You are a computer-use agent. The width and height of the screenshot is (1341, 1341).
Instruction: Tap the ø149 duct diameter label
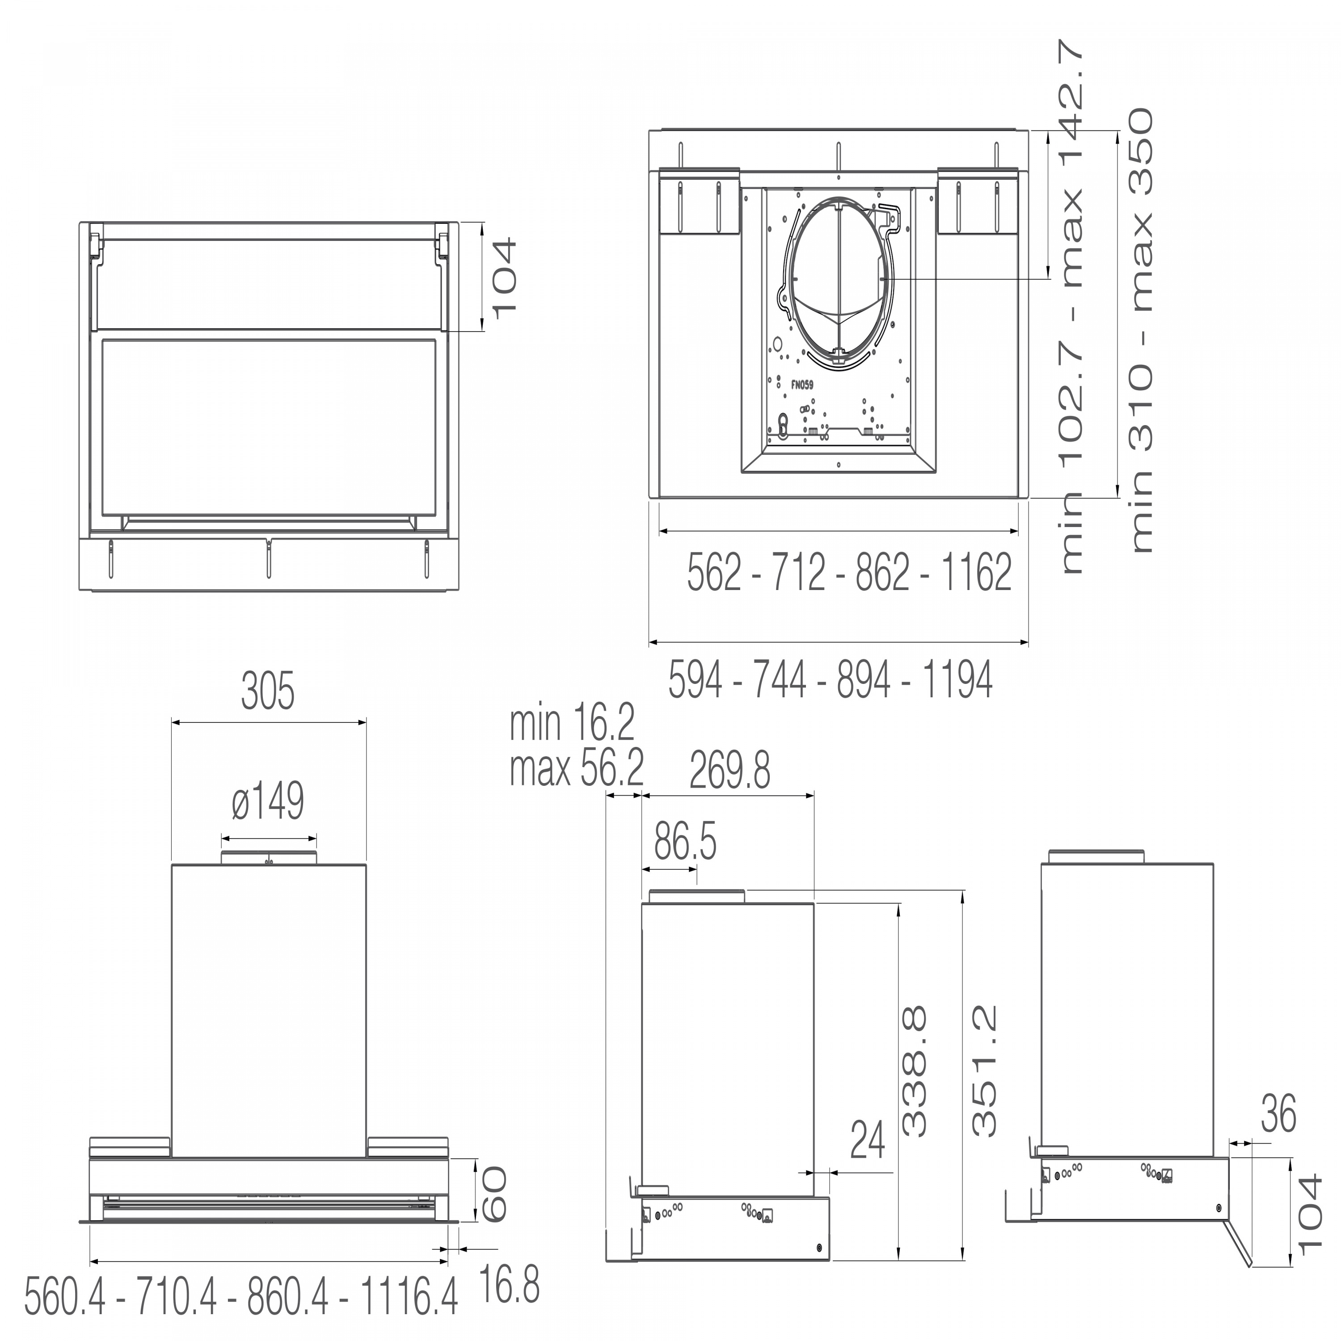tap(268, 801)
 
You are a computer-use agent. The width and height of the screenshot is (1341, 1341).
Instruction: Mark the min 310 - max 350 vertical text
tap(1142, 330)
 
